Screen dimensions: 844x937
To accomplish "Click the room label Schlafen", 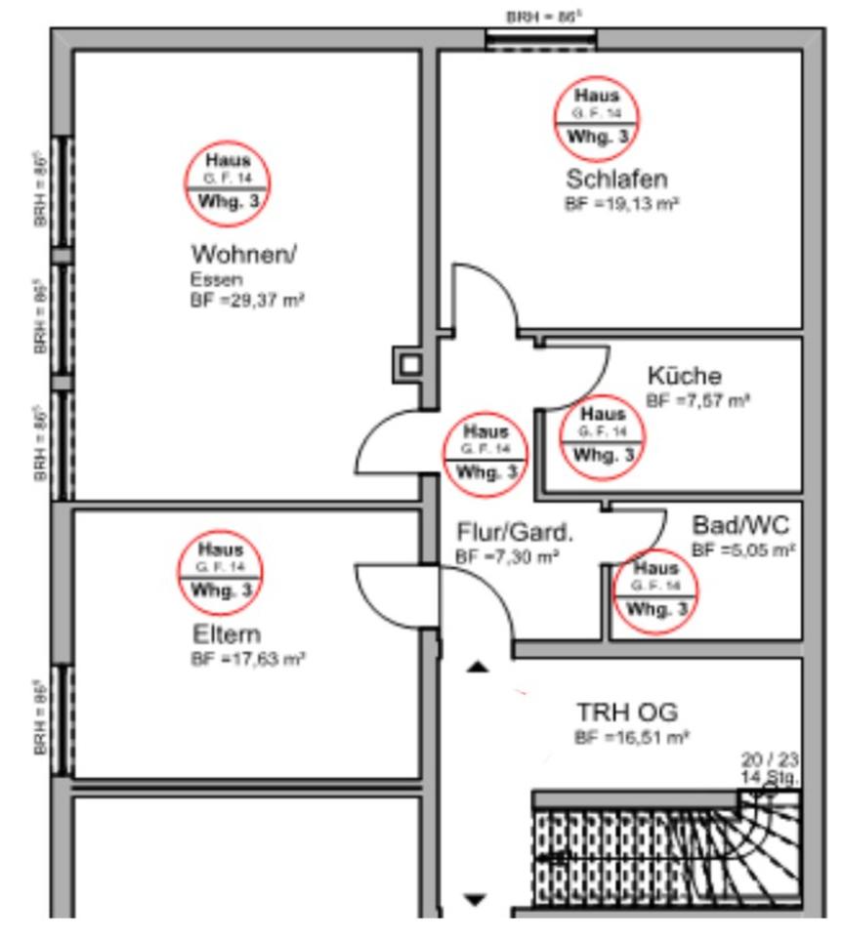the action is click(x=616, y=180).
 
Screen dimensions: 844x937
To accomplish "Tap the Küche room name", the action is click(x=684, y=376).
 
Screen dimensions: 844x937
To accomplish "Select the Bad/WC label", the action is click(x=739, y=525).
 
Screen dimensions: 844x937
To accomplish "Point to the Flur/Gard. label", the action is click(x=515, y=533).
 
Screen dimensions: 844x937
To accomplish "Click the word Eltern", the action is click(x=226, y=633).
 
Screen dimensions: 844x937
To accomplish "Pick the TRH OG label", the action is click(x=626, y=712).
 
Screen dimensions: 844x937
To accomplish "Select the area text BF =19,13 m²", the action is click(x=622, y=204).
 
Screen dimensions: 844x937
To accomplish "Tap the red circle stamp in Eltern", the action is click(x=222, y=572).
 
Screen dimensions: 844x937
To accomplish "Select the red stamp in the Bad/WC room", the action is click(x=654, y=591).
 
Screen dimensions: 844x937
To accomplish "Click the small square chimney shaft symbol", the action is click(x=410, y=365).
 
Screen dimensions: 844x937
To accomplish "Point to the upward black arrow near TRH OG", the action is click(x=477, y=668).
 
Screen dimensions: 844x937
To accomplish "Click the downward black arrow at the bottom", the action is click(x=475, y=900).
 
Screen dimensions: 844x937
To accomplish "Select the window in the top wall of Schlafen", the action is click(x=540, y=39).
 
